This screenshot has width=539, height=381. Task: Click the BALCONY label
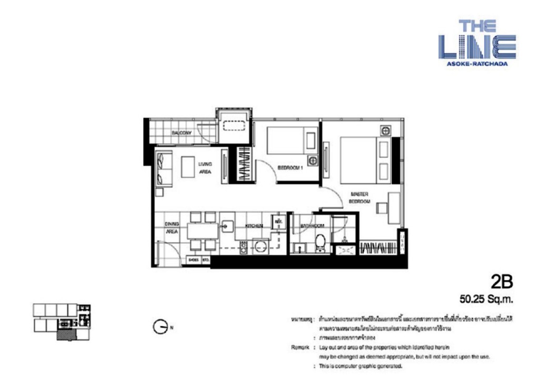point(182,133)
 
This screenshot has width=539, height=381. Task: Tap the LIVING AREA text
point(205,167)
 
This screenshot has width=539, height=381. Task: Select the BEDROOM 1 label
point(291,168)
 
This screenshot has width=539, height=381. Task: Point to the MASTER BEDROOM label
point(361,198)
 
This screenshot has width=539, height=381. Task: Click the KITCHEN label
point(253,226)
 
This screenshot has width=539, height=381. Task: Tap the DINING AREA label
point(172,227)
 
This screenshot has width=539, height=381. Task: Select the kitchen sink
point(227,226)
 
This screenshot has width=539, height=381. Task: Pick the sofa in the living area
point(164,168)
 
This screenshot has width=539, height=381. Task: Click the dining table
point(203,230)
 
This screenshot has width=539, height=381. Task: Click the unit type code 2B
point(501,283)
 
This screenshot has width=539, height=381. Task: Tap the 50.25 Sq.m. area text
point(486,300)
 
